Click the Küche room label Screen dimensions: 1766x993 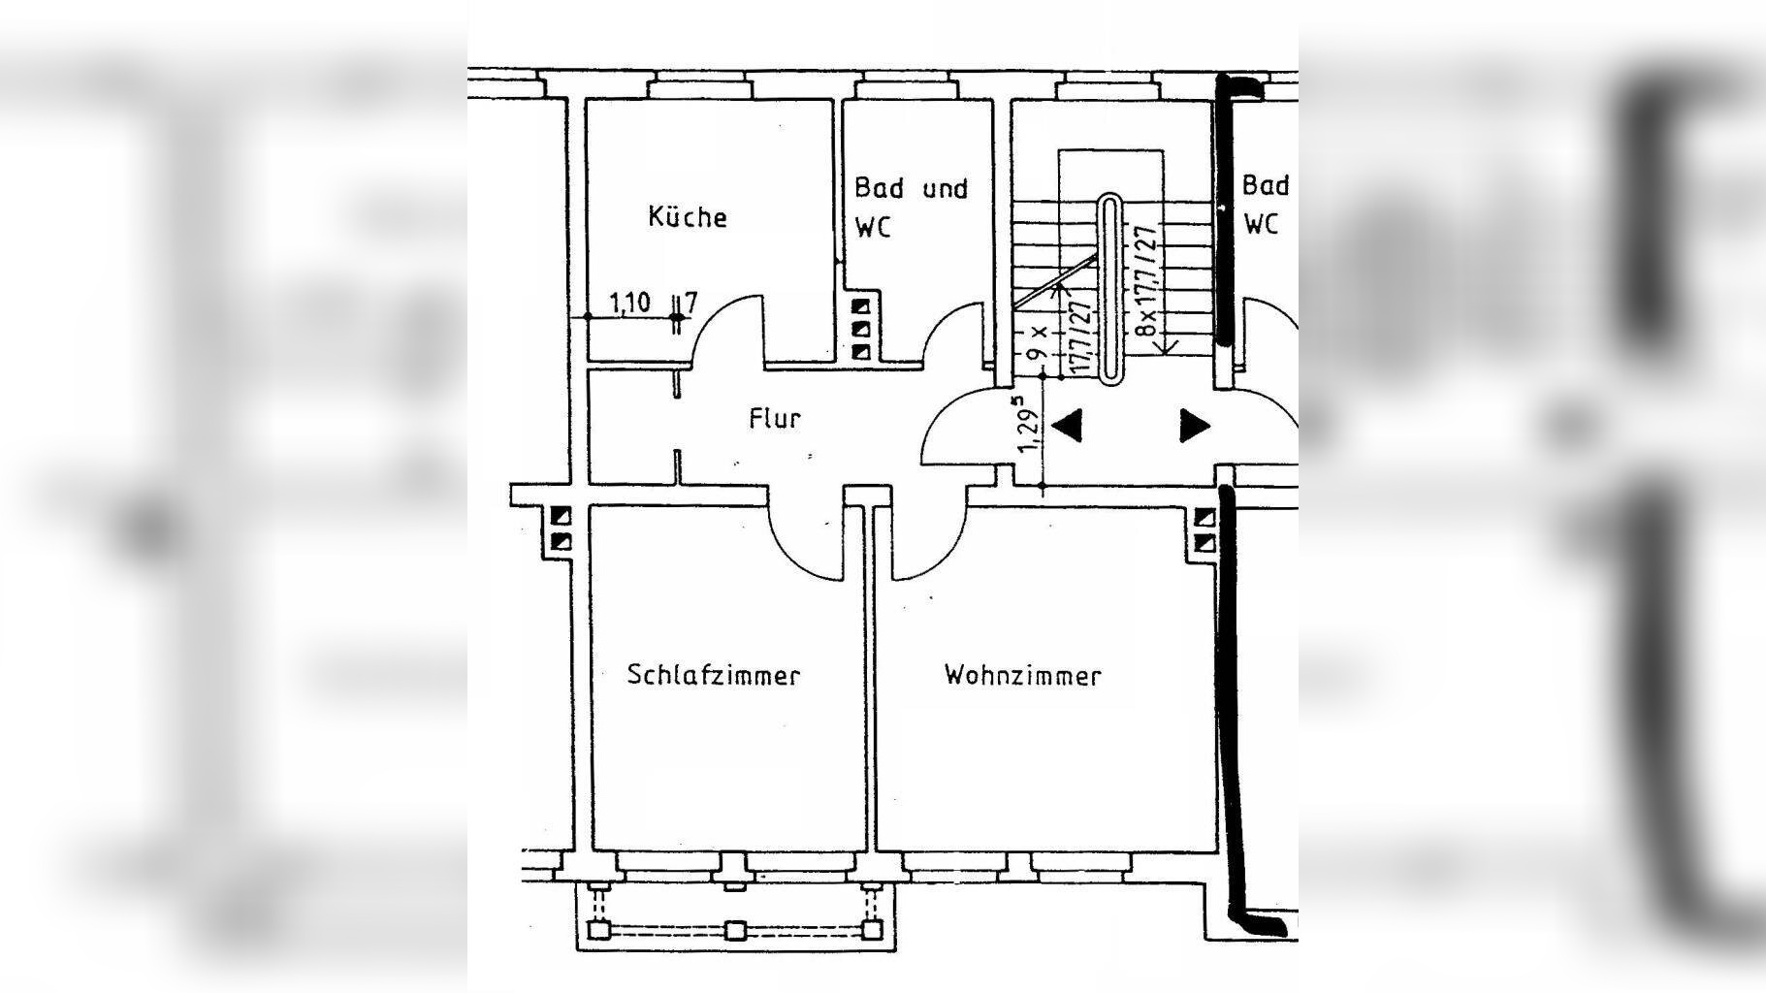tap(688, 216)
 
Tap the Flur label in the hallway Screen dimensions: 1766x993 tap(775, 418)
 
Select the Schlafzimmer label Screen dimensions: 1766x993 tap(714, 675)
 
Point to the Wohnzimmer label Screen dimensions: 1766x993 tap(1023, 675)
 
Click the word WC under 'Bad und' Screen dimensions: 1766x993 tap(873, 227)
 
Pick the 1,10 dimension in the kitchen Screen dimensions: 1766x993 tap(629, 302)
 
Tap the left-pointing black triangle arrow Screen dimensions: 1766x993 tap(1067, 425)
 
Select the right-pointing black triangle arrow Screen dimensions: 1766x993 tap(1195, 425)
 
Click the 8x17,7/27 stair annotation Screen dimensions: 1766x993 tap(1148, 281)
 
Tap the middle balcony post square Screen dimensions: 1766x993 tap(736, 931)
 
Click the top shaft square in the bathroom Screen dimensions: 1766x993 tap(860, 308)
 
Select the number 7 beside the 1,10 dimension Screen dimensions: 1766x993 tap(690, 302)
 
